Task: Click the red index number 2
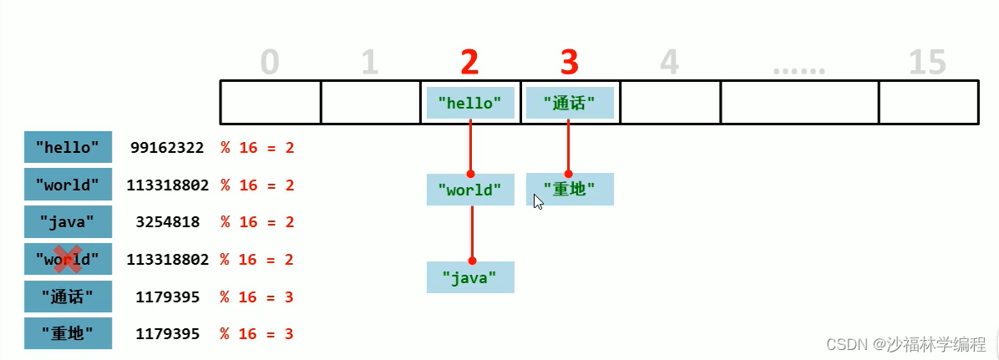(x=469, y=62)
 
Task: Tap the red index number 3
(x=569, y=62)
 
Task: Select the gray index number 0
(x=269, y=63)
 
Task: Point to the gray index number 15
(x=927, y=63)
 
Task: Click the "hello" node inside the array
(x=469, y=103)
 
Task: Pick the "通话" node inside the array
(x=570, y=103)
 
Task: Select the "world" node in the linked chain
(x=469, y=190)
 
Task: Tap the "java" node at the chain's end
(x=469, y=277)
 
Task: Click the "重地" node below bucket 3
(x=570, y=190)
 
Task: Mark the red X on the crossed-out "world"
(x=68, y=259)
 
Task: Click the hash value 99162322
(x=167, y=149)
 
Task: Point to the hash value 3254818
(x=167, y=222)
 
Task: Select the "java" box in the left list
(x=68, y=222)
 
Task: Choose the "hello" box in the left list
(x=68, y=149)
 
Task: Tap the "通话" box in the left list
(x=68, y=297)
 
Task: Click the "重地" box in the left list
(x=68, y=333)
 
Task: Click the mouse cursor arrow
(x=538, y=201)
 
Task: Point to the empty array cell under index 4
(x=670, y=103)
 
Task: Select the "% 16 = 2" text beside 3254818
(x=257, y=222)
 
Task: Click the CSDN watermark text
(x=903, y=344)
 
